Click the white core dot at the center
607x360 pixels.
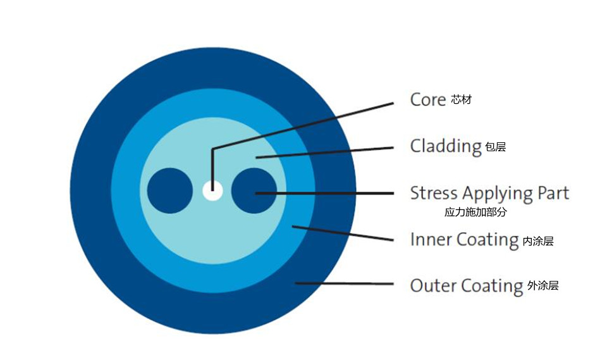212,190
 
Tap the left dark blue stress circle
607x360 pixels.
169,190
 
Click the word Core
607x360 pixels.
428,100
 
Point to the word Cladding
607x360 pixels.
446,146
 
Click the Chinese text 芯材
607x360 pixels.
462,100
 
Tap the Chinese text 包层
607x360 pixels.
496,147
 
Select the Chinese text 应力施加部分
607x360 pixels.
475,213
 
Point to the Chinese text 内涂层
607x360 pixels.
538,241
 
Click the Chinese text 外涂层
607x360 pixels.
543,285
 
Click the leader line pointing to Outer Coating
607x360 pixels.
345,283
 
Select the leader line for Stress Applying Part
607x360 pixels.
329,192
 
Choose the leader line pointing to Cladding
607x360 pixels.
326,152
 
